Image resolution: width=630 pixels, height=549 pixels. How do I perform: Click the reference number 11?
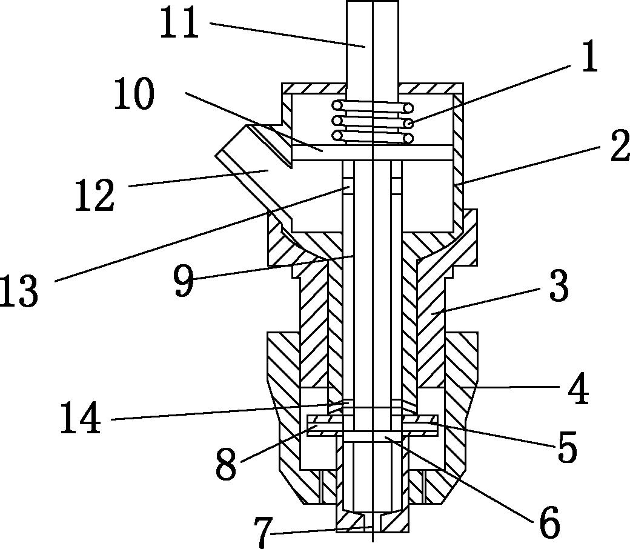[x=179, y=23]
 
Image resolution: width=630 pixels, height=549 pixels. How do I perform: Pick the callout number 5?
[x=567, y=447]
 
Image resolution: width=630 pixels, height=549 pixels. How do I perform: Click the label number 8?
[x=226, y=465]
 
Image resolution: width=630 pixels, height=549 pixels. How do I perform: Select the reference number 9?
[x=184, y=281]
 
